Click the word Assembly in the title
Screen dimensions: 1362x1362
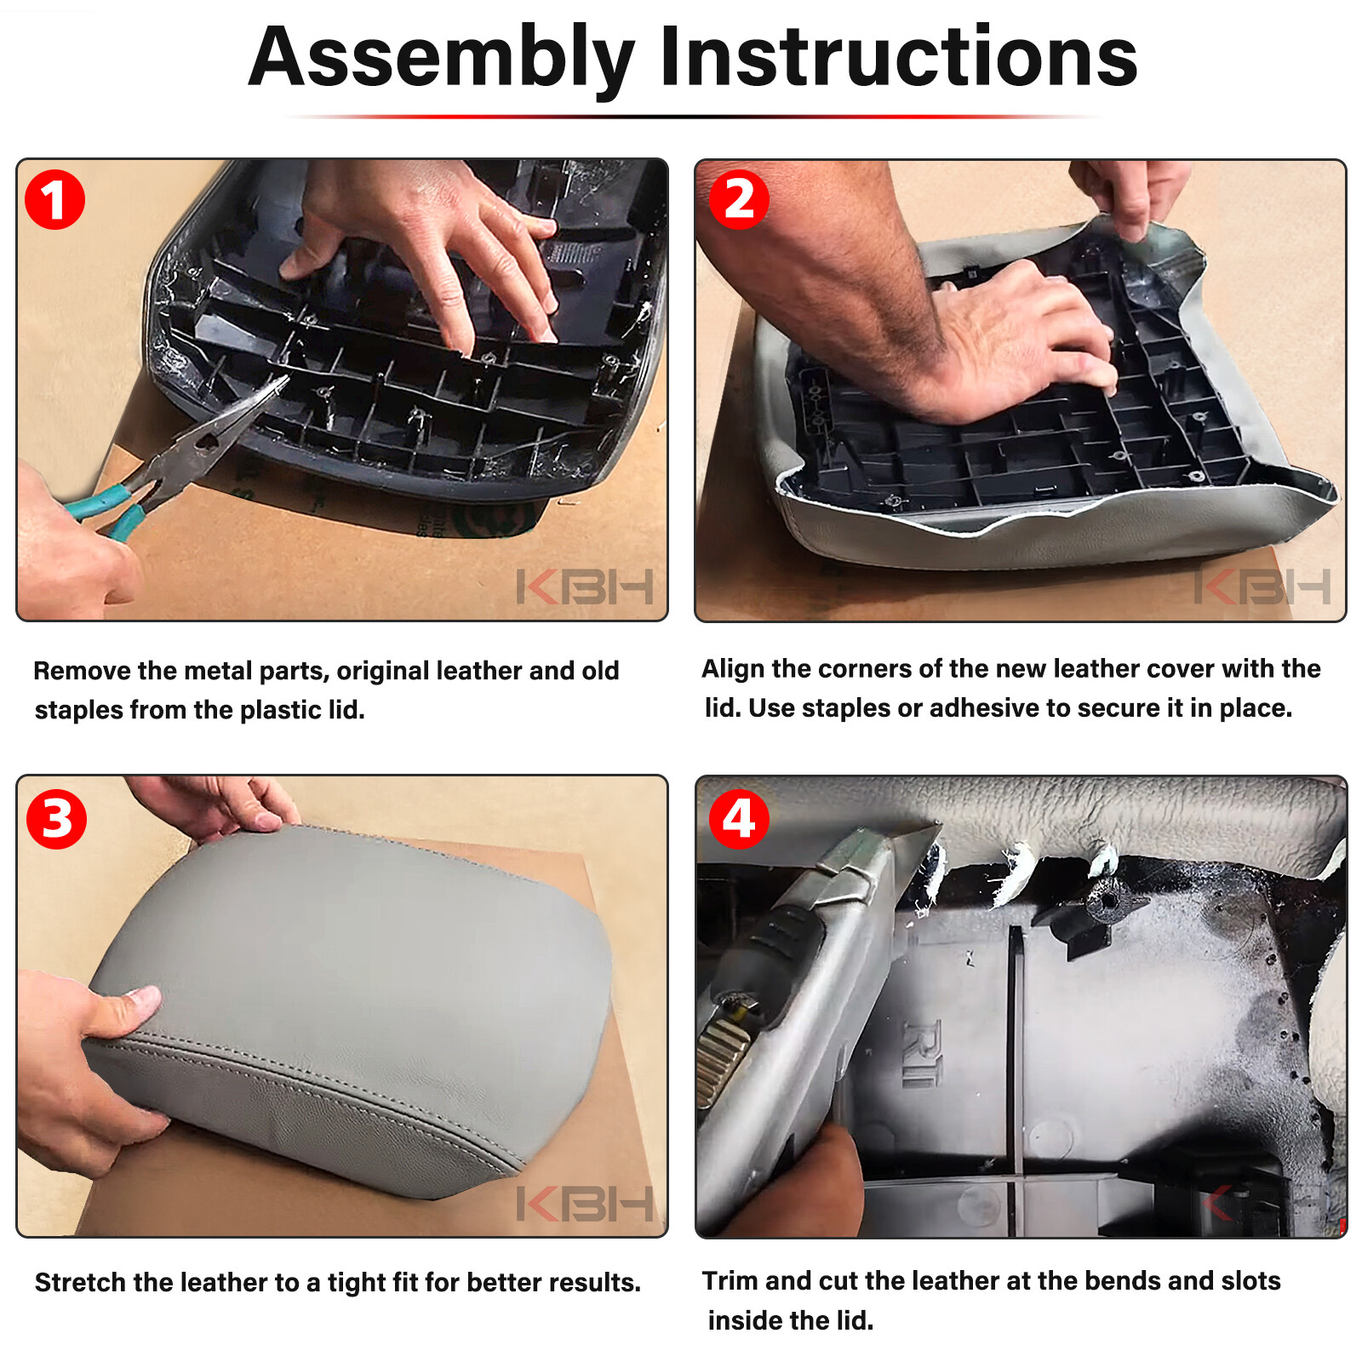pos(442,59)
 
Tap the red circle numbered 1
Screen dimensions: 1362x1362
pos(54,200)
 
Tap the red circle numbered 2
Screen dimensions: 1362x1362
pos(739,200)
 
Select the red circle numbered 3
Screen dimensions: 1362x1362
pos(56,819)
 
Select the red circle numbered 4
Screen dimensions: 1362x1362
pos(739,819)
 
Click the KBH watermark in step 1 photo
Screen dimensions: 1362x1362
pos(585,587)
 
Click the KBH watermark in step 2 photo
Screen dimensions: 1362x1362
pos(1262,587)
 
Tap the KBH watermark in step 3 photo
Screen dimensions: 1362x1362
pos(585,1204)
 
